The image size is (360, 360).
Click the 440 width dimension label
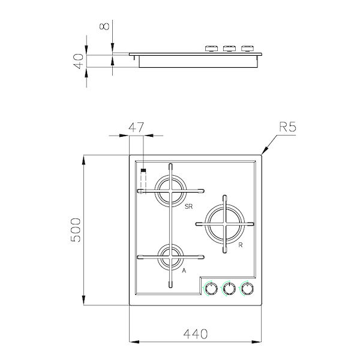point(196,333)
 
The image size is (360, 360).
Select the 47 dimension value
point(137,127)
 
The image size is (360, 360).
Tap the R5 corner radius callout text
point(289,127)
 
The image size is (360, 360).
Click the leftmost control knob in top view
point(210,289)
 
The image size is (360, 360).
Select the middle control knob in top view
point(229,289)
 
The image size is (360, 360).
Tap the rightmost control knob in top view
point(247,289)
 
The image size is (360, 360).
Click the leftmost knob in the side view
point(211,48)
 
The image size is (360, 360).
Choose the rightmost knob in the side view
point(247,48)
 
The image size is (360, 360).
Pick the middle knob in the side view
point(229,48)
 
